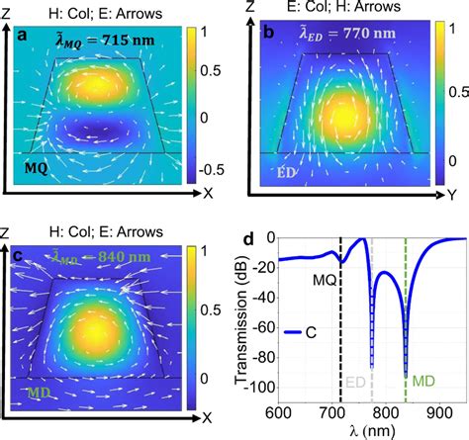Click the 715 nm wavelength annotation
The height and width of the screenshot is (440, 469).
click(99, 39)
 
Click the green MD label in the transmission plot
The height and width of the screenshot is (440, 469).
click(422, 380)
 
